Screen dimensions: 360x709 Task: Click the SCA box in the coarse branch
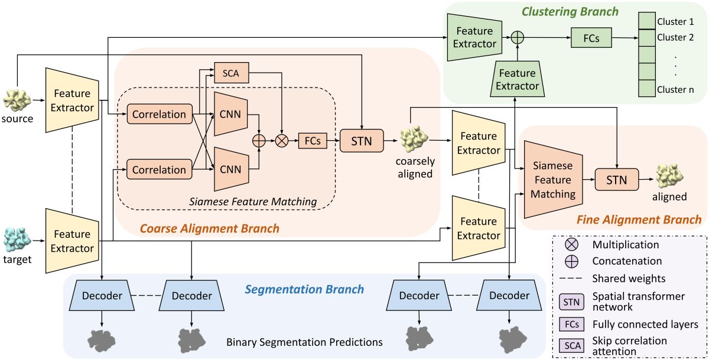(x=232, y=72)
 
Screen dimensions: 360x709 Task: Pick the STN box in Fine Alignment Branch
(x=617, y=177)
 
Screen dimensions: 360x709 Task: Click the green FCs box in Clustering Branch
(x=591, y=38)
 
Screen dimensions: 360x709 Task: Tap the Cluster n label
(x=675, y=90)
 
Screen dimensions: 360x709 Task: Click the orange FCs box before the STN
(x=313, y=141)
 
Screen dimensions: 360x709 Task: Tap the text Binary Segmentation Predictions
(x=305, y=342)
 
